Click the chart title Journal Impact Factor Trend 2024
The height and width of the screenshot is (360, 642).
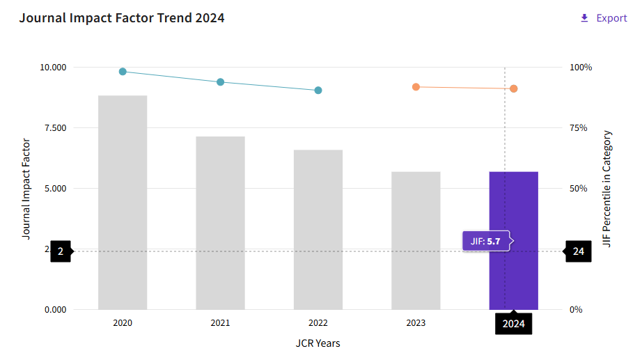[x=122, y=18]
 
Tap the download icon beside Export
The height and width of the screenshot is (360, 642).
[x=584, y=18]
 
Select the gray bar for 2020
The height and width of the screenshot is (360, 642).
[x=123, y=203]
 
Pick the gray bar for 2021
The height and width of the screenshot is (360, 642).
[x=220, y=223]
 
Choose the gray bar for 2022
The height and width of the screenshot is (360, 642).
[x=318, y=229]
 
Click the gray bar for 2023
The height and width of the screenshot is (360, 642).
[x=416, y=240]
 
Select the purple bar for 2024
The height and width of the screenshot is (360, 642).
[x=513, y=240]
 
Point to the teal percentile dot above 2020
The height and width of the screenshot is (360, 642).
[x=123, y=72]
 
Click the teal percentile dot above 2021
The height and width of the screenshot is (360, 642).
[x=220, y=82]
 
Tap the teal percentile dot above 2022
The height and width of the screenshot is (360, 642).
[x=318, y=90]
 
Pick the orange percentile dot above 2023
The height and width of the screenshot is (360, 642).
[x=416, y=87]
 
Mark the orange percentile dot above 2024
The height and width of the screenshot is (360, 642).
[x=513, y=88]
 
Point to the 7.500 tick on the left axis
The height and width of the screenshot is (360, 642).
[x=55, y=128]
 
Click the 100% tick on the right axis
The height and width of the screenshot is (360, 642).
[x=581, y=67]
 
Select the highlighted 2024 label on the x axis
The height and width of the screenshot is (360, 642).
[x=513, y=324]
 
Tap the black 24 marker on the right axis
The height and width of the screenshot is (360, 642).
[x=578, y=251]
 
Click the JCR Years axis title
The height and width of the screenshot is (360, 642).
[x=318, y=343]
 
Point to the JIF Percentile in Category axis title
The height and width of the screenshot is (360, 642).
[x=606, y=189]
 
